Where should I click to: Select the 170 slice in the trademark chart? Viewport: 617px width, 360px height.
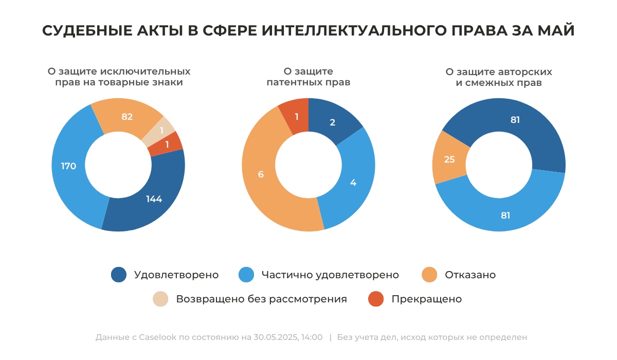click(x=69, y=166)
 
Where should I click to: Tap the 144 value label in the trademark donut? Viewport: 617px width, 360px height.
click(x=154, y=199)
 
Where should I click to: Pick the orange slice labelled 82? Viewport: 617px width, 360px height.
click(x=127, y=117)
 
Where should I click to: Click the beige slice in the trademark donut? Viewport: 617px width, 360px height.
click(x=161, y=131)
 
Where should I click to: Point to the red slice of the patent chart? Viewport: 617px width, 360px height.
click(x=296, y=117)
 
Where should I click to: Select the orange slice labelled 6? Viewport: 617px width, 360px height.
click(x=261, y=174)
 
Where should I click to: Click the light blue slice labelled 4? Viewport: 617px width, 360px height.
click(x=353, y=182)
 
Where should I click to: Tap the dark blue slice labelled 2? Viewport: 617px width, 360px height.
click(x=333, y=122)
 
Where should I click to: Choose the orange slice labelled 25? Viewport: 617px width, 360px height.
click(x=449, y=159)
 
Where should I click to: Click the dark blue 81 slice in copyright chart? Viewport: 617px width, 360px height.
click(x=515, y=120)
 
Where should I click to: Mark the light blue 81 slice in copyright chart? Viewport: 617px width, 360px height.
click(x=505, y=215)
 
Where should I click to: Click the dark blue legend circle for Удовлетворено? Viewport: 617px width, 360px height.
click(x=119, y=275)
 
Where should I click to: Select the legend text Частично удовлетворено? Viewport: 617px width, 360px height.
click(x=330, y=275)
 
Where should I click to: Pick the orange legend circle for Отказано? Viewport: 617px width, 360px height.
click(x=429, y=275)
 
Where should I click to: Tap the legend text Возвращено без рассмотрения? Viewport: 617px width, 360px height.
click(x=261, y=299)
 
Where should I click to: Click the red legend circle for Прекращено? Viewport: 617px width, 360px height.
click(x=376, y=299)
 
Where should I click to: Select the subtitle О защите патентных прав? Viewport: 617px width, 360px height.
click(x=308, y=77)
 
